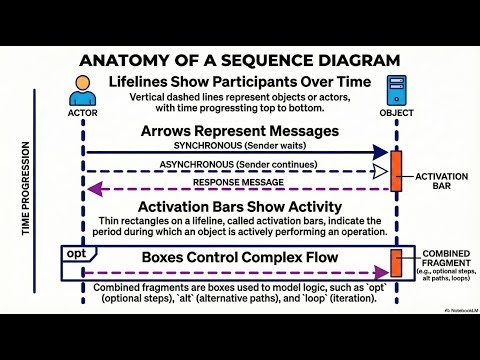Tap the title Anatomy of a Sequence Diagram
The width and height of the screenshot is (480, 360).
(240, 59)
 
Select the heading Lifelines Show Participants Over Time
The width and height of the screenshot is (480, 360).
(240, 82)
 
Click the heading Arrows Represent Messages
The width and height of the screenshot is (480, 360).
(240, 132)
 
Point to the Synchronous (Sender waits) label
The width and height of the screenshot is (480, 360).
(240, 146)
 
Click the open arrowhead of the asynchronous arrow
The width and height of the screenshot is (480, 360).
(381, 171)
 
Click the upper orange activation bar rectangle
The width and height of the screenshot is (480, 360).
(396, 173)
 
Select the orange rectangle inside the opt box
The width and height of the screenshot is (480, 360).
(396, 264)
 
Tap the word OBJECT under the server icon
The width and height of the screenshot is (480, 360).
(395, 113)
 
